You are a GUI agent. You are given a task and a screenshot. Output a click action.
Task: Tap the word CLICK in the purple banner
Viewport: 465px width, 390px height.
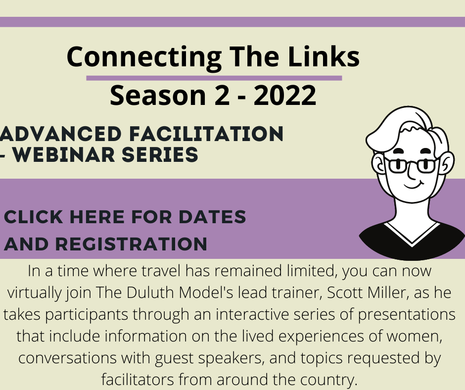click(x=34, y=217)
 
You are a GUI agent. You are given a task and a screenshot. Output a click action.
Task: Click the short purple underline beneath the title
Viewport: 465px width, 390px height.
click(x=214, y=78)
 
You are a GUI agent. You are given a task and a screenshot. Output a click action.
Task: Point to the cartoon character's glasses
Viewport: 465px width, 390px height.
click(x=411, y=165)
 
